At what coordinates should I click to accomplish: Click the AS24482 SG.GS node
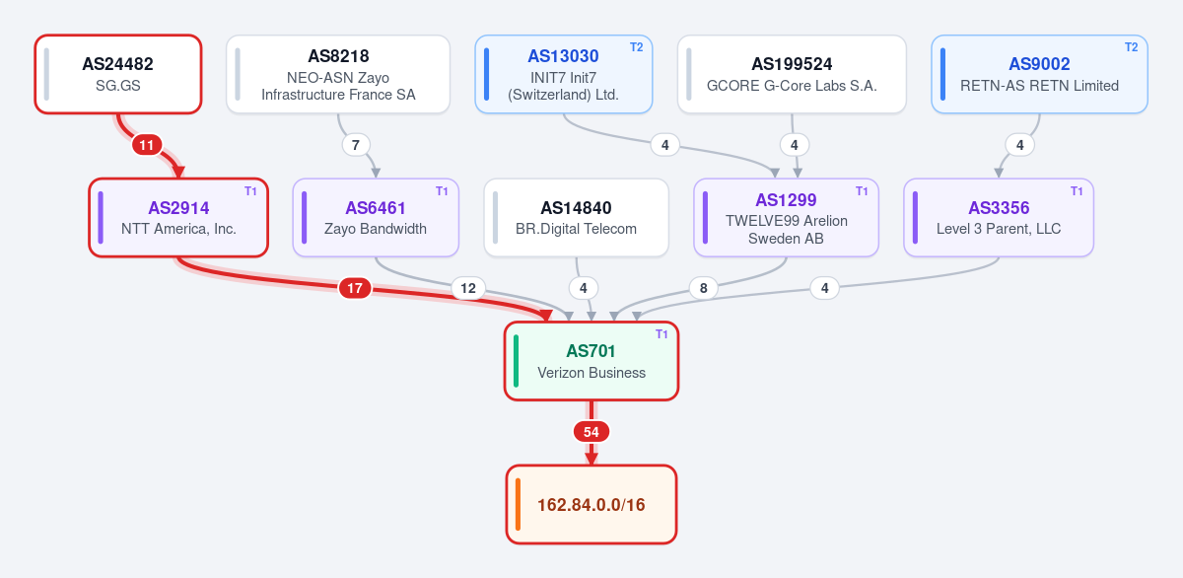(x=118, y=74)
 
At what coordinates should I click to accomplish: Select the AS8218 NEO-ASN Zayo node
(x=338, y=74)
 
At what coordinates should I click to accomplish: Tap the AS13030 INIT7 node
(x=564, y=74)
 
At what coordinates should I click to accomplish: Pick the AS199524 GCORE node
(x=792, y=74)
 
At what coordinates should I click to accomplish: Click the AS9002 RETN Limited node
(x=1039, y=74)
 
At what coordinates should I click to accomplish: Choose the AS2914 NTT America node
(x=178, y=218)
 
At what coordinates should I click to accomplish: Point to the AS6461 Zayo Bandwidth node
(x=376, y=218)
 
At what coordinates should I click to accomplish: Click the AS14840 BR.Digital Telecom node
(x=576, y=218)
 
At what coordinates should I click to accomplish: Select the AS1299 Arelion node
(x=786, y=218)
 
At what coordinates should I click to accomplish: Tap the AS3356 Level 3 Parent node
(x=999, y=218)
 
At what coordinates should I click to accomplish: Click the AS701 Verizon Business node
(x=591, y=361)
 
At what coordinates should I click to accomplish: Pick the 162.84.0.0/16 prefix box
(x=591, y=504)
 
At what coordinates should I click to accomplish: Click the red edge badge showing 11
(x=147, y=145)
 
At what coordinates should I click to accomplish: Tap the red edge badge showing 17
(x=355, y=288)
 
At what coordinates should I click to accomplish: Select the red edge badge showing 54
(x=591, y=432)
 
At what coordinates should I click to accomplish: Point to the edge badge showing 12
(x=468, y=288)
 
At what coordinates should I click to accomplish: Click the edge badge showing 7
(x=356, y=145)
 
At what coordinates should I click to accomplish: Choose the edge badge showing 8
(x=704, y=288)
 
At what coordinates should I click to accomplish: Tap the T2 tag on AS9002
(x=1132, y=47)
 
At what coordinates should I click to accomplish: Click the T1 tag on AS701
(x=661, y=334)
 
